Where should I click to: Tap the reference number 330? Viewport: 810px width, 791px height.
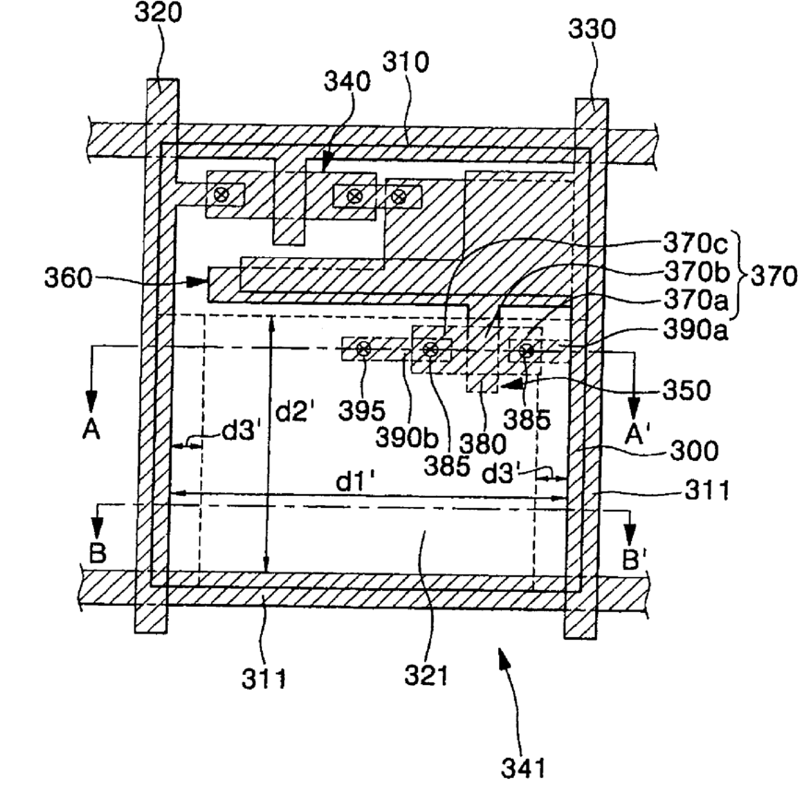[594, 29]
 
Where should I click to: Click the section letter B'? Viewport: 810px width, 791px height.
[638, 559]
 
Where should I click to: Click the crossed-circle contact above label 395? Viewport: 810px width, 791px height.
[363, 348]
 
